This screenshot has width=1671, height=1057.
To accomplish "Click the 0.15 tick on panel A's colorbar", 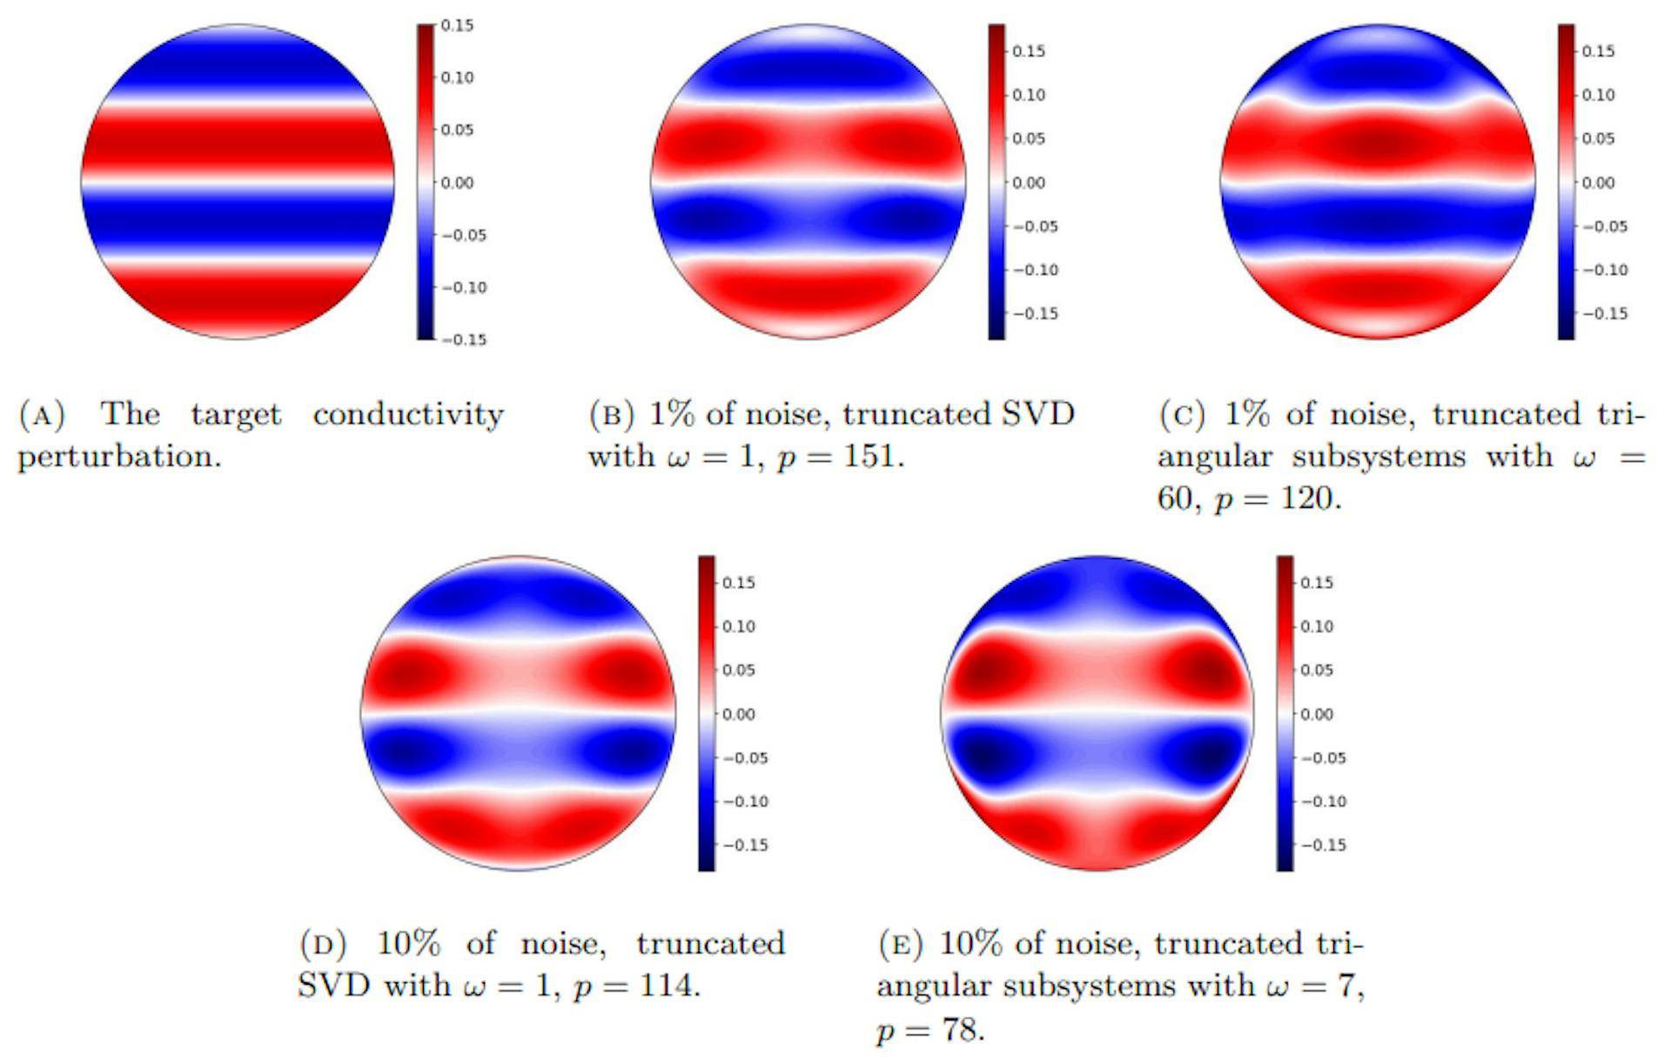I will click(456, 25).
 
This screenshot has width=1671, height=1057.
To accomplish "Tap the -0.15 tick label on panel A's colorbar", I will click(464, 339).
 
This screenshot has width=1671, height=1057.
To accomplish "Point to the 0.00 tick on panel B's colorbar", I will click(1028, 183).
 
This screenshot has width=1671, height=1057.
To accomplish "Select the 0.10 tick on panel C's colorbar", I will click(1598, 95).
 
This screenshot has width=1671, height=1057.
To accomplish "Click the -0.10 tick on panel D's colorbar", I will click(746, 801).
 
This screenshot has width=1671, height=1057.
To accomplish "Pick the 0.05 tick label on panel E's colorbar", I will click(1316, 670).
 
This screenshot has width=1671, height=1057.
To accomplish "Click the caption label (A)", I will click(42, 415).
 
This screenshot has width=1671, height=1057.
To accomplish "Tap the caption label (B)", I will click(611, 415).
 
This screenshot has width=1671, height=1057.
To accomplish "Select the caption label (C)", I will click(1181, 415).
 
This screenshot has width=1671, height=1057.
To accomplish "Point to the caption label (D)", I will click(323, 944).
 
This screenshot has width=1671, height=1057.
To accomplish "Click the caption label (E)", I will click(901, 944).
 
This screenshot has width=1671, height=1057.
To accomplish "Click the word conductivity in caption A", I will click(408, 415).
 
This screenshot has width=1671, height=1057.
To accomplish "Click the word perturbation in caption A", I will click(119, 457).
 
